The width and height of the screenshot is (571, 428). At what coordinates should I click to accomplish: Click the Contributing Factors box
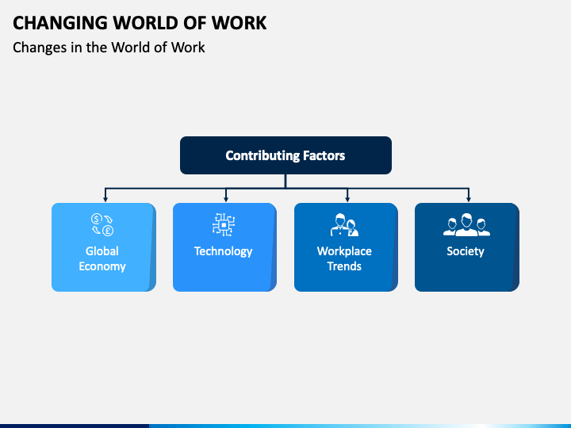(285, 155)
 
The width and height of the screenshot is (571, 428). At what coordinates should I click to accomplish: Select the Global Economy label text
(102, 259)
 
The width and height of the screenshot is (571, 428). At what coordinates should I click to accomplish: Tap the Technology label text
(223, 251)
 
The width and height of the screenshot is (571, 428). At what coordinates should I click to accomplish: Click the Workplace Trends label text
(344, 259)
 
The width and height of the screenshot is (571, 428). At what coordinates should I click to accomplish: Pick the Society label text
(465, 251)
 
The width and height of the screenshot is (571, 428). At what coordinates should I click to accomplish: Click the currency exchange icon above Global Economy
(102, 225)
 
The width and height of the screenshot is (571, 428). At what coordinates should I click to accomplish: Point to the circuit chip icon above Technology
(224, 225)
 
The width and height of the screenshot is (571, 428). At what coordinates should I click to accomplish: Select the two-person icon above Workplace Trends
(344, 225)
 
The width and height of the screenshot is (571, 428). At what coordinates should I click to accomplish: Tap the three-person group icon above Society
(466, 225)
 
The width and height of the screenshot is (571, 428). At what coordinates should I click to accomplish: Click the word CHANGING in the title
(55, 23)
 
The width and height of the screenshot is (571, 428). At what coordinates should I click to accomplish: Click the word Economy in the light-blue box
(102, 266)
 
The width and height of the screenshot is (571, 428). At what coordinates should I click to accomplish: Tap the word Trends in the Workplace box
(344, 266)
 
